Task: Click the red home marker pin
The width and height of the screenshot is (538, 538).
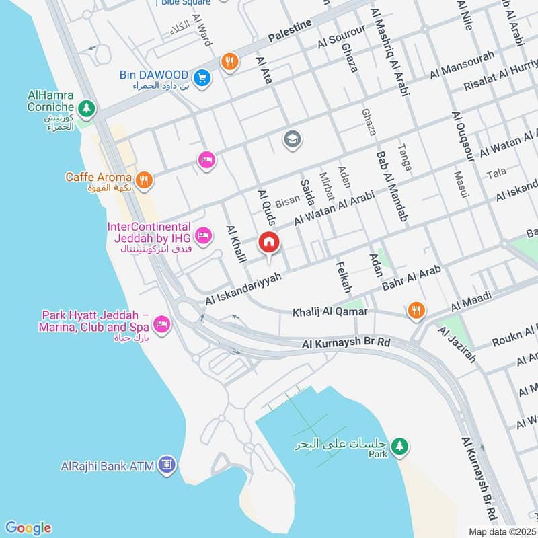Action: (269, 242)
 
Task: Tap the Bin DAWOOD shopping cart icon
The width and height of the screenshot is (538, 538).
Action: (202, 79)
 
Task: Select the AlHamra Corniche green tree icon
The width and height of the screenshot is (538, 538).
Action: (86, 108)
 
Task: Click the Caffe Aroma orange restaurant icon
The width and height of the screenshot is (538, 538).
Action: (143, 180)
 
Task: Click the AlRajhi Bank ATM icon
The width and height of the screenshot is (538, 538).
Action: (167, 464)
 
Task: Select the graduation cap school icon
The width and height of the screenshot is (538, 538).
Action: (293, 139)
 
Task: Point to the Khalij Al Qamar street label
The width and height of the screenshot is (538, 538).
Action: (330, 312)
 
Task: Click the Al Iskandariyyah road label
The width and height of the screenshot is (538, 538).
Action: (243, 288)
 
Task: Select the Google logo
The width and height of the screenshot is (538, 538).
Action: (28, 528)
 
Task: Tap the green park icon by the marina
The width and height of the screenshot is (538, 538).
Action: (400, 446)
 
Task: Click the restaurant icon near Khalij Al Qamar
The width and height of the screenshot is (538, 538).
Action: (416, 310)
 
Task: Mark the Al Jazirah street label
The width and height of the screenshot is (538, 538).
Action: (457, 344)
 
